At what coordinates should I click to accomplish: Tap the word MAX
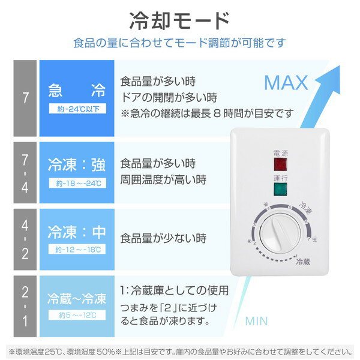coord(286,82)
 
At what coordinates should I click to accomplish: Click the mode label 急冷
coord(77,91)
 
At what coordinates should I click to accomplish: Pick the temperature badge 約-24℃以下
coord(77,109)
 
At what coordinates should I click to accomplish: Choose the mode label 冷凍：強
coord(77,163)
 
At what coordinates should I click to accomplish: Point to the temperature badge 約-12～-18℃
coord(77,249)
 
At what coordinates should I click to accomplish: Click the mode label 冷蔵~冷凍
coord(77,299)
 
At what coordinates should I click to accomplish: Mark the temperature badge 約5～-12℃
coord(77,315)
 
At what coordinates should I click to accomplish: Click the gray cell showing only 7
coord(25,98)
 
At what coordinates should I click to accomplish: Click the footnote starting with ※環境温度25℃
coord(179,350)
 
